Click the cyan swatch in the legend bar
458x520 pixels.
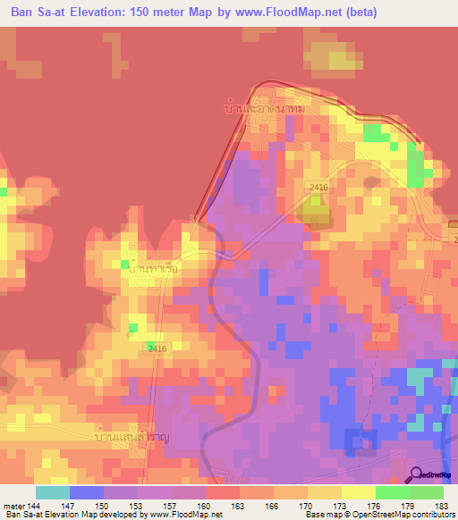pyautogui.click(x=52, y=492)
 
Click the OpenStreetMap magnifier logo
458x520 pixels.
pyautogui.click(x=416, y=476)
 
